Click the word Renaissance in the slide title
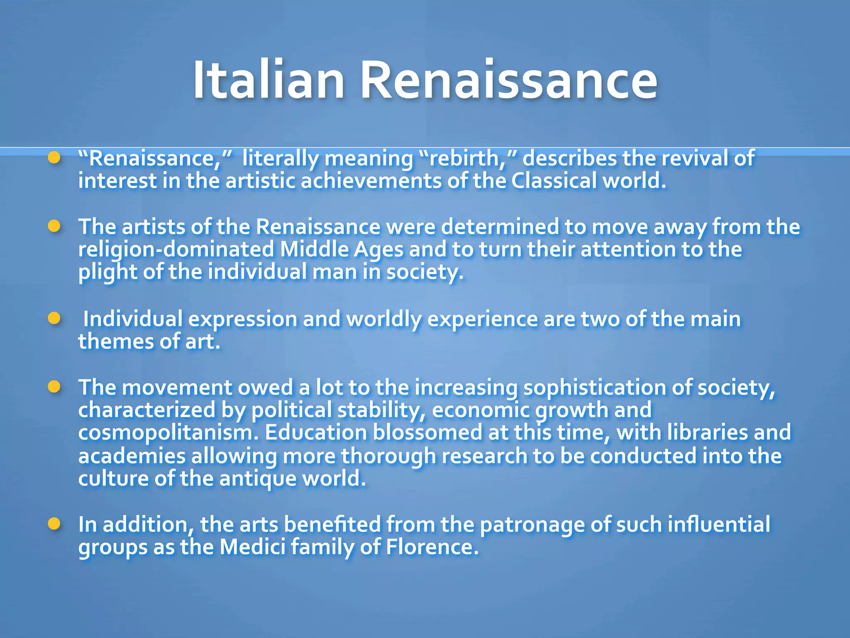click(508, 80)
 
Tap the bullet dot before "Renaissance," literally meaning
click(54, 158)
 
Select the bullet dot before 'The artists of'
click(54, 226)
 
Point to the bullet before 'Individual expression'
click(54, 319)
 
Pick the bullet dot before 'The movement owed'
click(54, 387)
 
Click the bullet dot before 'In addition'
click(54, 524)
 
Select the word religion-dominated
click(176, 250)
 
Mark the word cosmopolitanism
click(168, 433)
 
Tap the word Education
click(316, 433)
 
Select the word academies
click(132, 456)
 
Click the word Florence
click(432, 547)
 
